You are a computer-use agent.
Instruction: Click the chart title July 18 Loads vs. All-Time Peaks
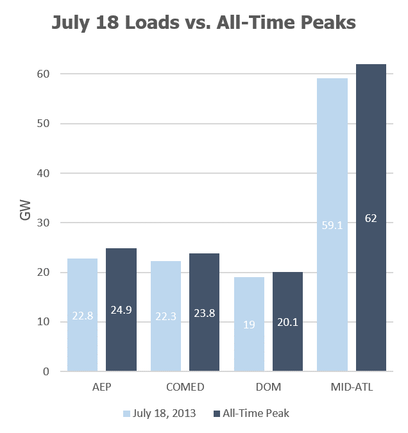click(x=203, y=24)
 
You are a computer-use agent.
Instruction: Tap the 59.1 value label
click(x=332, y=225)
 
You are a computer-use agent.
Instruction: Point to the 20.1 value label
click(x=288, y=324)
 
